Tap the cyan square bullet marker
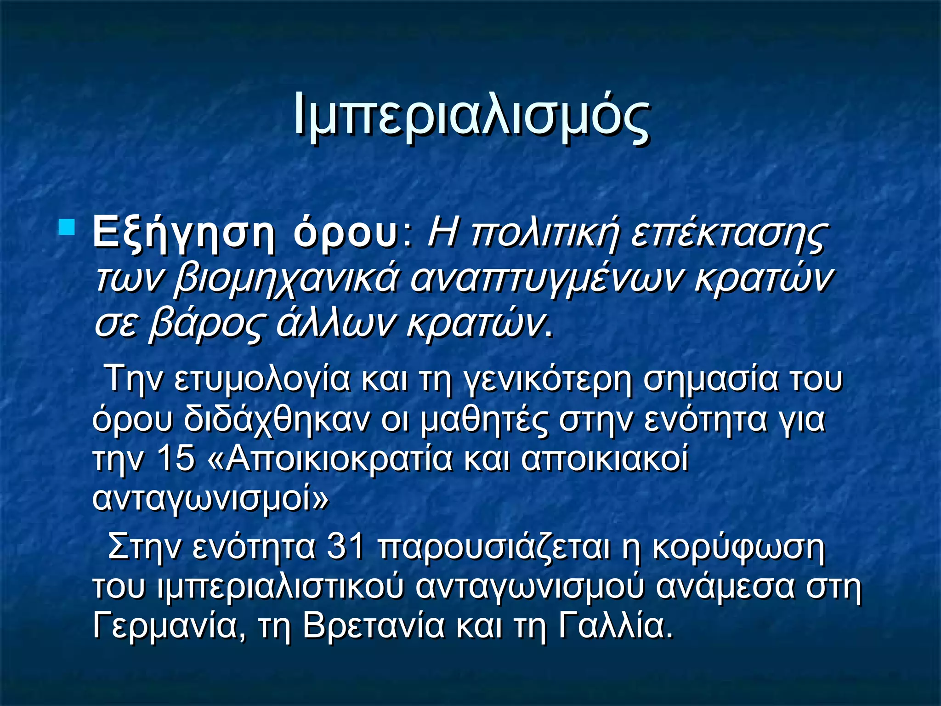67,228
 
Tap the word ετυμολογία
262,380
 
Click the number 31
345,547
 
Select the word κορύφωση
738,547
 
